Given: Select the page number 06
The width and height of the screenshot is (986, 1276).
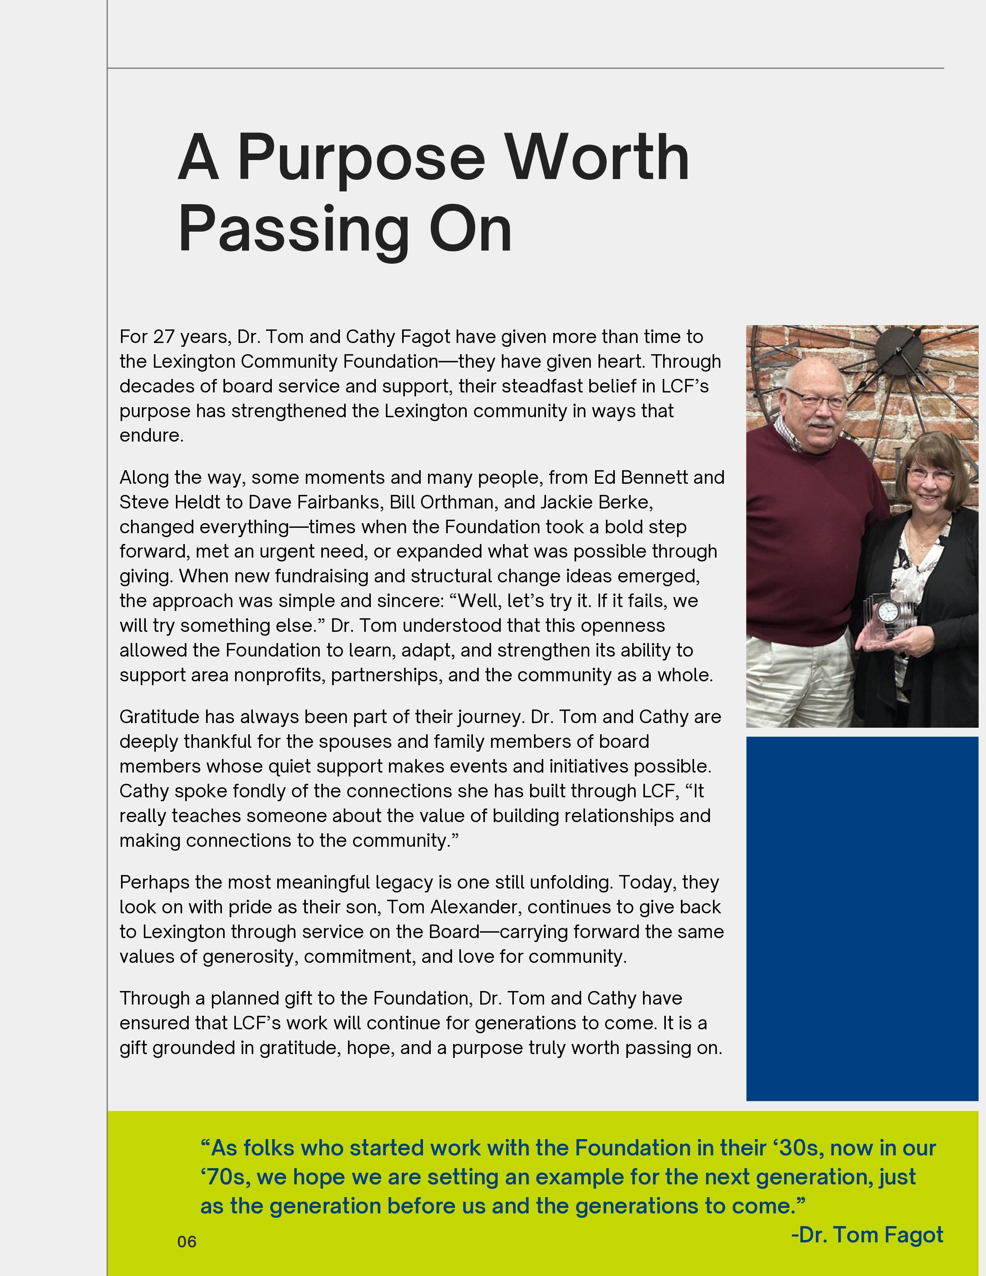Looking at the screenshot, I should coord(187,1242).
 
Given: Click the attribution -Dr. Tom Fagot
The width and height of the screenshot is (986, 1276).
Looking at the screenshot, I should coord(867,1235).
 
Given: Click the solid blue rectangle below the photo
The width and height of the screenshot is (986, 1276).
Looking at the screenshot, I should coord(861,918).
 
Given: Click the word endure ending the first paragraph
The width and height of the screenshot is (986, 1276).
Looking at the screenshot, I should coord(151,436).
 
